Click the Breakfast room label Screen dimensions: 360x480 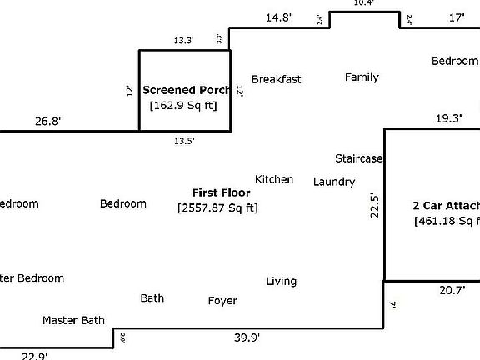pyautogui.click(x=276, y=79)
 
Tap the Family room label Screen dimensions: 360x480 pyautogui.click(x=362, y=77)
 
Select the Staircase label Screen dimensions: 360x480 pyautogui.click(x=358, y=158)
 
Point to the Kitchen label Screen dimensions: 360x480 pyautogui.click(x=274, y=179)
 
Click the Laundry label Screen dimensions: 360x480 pyautogui.click(x=334, y=182)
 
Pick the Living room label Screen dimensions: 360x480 pyautogui.click(x=281, y=282)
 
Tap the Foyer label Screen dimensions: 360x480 pyautogui.click(x=222, y=301)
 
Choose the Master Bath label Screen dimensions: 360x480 pyautogui.click(x=75, y=320)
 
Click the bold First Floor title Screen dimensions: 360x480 pyautogui.click(x=221, y=192)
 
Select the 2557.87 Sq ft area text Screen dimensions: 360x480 pyautogui.click(x=218, y=207)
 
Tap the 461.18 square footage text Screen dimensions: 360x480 pyautogui.click(x=447, y=221)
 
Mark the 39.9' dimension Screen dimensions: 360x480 pyautogui.click(x=246, y=337)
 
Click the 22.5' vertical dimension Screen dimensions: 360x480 pyautogui.click(x=375, y=207)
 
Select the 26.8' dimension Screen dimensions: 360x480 pyautogui.click(x=47, y=122)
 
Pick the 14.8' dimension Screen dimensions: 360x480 pyautogui.click(x=279, y=17)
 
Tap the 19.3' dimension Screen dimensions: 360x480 pyautogui.click(x=448, y=119)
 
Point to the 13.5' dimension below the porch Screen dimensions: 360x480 pyautogui.click(x=184, y=141)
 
